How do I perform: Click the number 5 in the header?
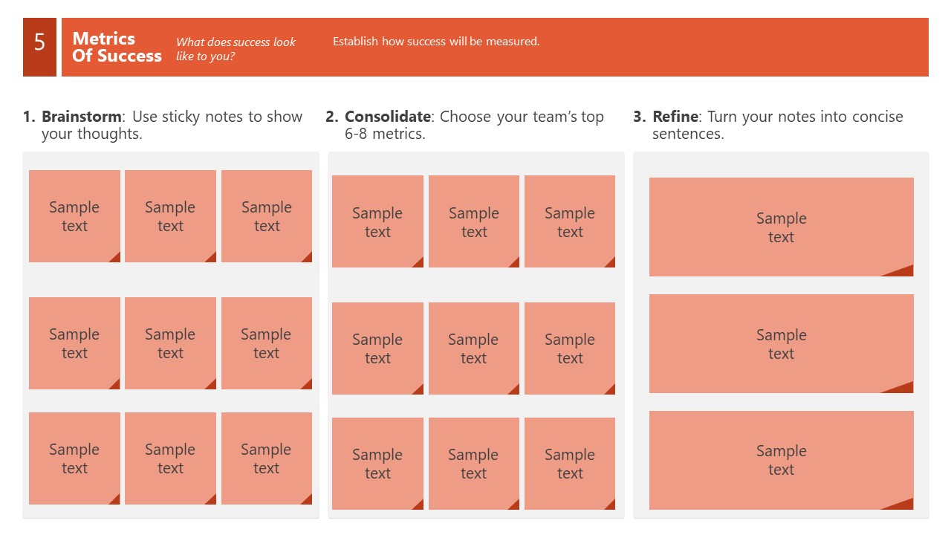(39, 43)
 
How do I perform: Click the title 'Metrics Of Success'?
(117, 47)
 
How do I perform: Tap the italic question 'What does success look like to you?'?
(236, 49)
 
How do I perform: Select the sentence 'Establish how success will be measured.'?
(436, 42)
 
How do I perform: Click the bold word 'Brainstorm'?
(81, 117)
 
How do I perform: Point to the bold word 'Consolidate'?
(387, 117)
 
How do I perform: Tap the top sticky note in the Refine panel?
(781, 227)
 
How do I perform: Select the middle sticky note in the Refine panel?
(781, 343)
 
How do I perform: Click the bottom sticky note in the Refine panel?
(781, 460)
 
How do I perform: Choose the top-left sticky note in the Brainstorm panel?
(74, 216)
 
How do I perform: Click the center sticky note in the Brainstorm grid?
(170, 343)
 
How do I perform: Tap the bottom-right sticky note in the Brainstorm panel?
(266, 458)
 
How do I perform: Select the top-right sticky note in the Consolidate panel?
(570, 221)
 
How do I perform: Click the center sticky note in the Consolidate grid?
(473, 348)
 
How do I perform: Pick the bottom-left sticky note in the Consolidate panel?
(377, 464)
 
